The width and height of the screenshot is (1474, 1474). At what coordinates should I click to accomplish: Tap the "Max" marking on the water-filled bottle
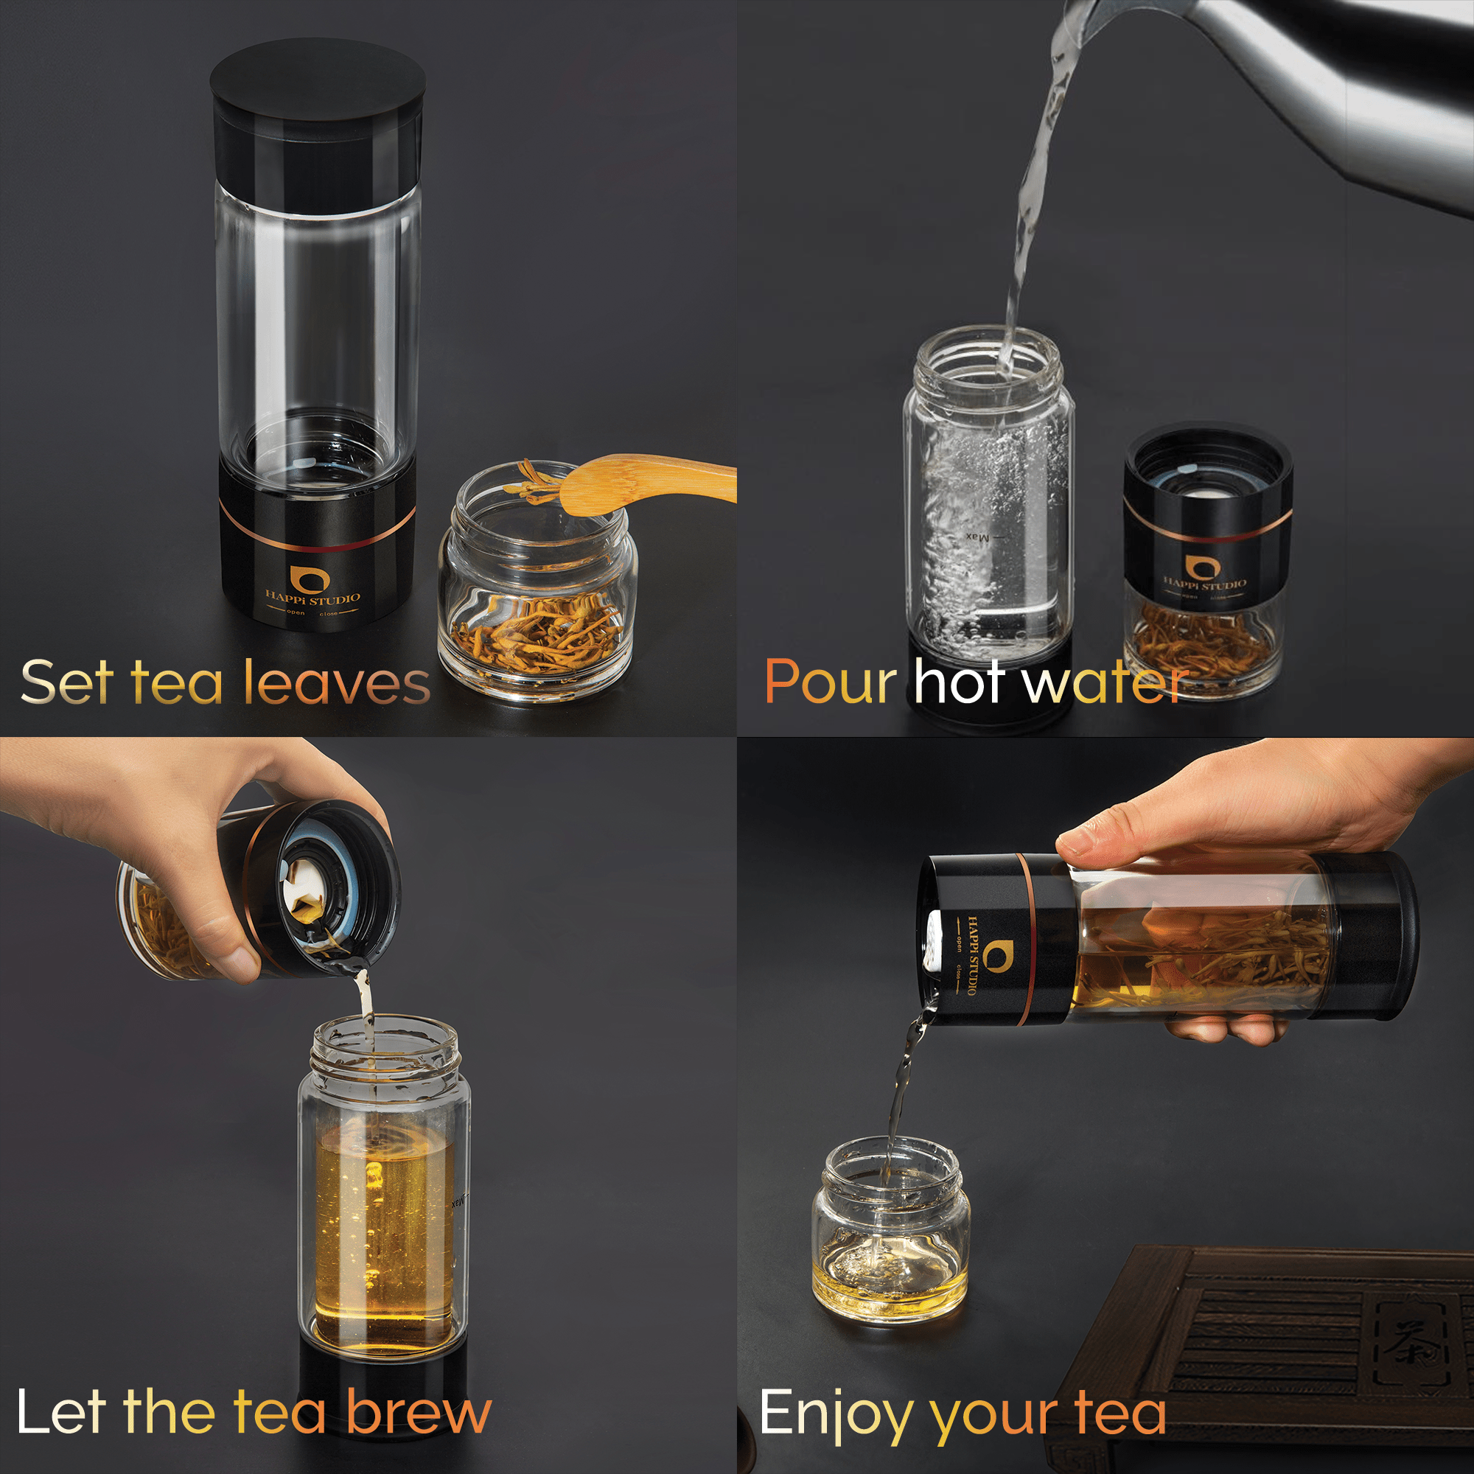click(x=977, y=537)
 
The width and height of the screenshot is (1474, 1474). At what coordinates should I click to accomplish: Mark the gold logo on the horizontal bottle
click(x=993, y=954)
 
